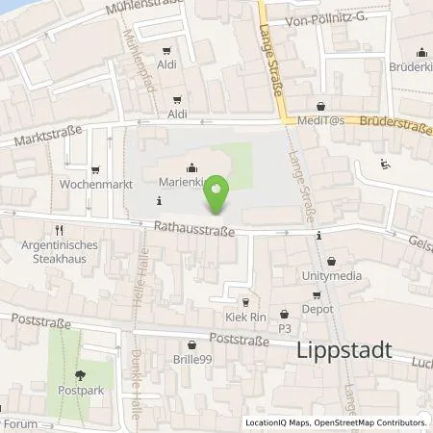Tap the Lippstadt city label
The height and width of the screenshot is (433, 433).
pos(341,350)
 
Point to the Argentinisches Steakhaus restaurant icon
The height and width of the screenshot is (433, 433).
pos(59,230)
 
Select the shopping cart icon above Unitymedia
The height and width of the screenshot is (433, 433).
pos(332,260)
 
